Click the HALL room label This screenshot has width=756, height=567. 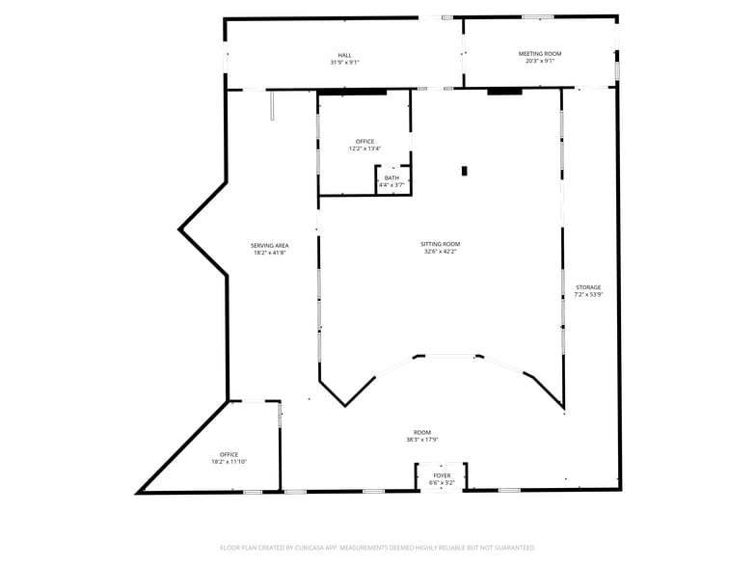click(344, 55)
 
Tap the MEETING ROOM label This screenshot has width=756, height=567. click(539, 54)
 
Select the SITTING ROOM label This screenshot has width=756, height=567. click(440, 245)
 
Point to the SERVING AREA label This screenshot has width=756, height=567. click(270, 246)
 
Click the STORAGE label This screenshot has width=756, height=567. click(588, 287)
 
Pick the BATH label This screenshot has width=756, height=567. click(391, 177)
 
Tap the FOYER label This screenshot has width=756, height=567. click(442, 475)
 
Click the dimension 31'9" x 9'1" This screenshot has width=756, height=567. click(344, 63)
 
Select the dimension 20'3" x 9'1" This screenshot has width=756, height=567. click(539, 62)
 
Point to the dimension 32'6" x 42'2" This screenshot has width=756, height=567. click(440, 253)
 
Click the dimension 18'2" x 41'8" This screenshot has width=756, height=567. click(270, 254)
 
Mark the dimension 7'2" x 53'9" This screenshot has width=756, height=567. click(588, 295)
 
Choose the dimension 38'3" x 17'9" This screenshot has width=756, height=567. click(422, 440)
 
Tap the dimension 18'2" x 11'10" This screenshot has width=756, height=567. click(229, 462)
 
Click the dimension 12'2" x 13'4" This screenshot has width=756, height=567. click(364, 148)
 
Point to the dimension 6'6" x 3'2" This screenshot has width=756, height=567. click(442, 482)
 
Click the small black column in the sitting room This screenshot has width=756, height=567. click(464, 171)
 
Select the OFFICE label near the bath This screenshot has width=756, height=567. click(364, 141)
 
